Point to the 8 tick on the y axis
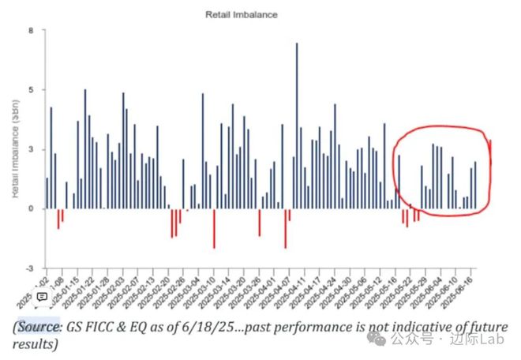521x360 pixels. point(32,31)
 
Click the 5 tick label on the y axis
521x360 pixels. point(32,90)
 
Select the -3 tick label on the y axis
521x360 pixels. point(30,268)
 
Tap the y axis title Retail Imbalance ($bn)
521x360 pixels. point(15,150)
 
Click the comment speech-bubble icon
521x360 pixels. point(43,297)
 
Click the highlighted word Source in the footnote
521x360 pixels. point(39,327)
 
